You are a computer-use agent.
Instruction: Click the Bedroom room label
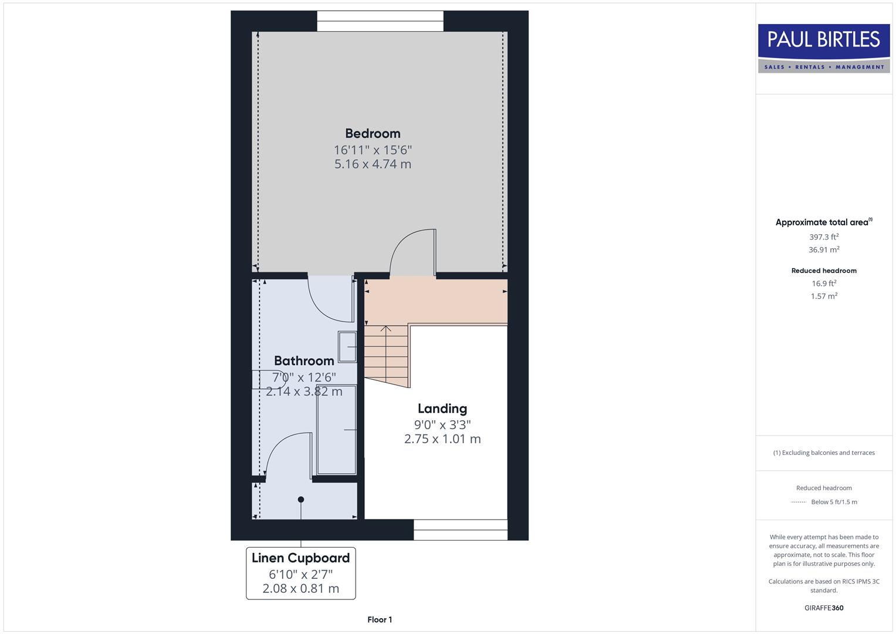(x=373, y=133)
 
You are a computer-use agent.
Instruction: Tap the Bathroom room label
(x=304, y=360)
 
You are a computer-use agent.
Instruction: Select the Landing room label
(x=442, y=409)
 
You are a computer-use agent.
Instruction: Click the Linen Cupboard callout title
(x=300, y=558)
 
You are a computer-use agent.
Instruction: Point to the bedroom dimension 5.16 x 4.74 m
(x=373, y=164)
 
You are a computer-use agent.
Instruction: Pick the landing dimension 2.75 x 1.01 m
(x=442, y=439)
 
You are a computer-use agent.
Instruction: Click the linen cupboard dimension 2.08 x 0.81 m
(x=300, y=588)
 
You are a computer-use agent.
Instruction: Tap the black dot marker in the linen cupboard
(x=301, y=500)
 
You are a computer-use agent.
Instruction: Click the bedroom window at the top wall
(x=380, y=21)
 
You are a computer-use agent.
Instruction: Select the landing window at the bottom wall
(x=461, y=530)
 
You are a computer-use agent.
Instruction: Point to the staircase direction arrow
(x=386, y=329)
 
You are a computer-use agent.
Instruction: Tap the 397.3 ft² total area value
(x=824, y=237)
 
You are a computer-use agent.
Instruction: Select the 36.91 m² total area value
(x=824, y=250)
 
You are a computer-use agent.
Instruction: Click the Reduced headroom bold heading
(x=824, y=271)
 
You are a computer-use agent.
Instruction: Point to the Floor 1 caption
(x=380, y=619)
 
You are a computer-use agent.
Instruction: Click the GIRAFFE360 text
(x=824, y=608)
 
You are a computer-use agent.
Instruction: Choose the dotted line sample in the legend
(x=798, y=502)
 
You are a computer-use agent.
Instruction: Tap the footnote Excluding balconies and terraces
(x=824, y=453)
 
